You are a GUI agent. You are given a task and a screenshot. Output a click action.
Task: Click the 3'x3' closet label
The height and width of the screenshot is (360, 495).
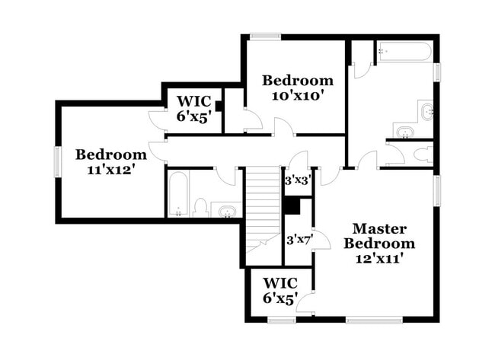(x=296, y=181)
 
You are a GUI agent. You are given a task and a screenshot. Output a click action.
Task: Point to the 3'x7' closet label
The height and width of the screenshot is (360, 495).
(x=298, y=240)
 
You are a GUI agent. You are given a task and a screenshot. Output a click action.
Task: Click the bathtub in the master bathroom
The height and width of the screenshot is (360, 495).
(x=404, y=53)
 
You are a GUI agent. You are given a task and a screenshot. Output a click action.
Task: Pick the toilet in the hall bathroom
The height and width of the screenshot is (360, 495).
(x=201, y=207)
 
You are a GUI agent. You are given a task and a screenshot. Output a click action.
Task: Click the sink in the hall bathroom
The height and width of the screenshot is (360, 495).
(x=225, y=209)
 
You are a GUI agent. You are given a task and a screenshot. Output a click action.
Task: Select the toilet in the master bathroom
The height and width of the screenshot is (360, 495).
(x=422, y=155)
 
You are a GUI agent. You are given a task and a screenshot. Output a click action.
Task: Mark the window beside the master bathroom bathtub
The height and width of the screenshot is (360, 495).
(x=437, y=71)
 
